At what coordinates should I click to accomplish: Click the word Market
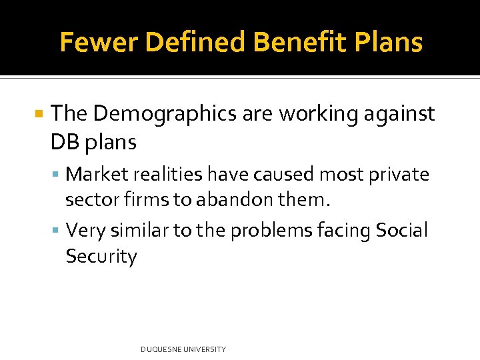[x=98, y=175]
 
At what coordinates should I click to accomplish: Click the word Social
[x=402, y=231]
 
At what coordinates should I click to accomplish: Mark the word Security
[x=101, y=257]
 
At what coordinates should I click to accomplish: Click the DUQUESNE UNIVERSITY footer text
[x=183, y=349]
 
